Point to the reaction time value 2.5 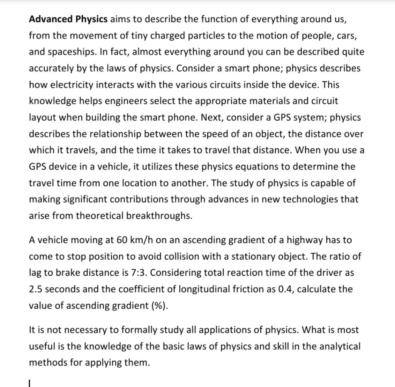click(35, 289)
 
